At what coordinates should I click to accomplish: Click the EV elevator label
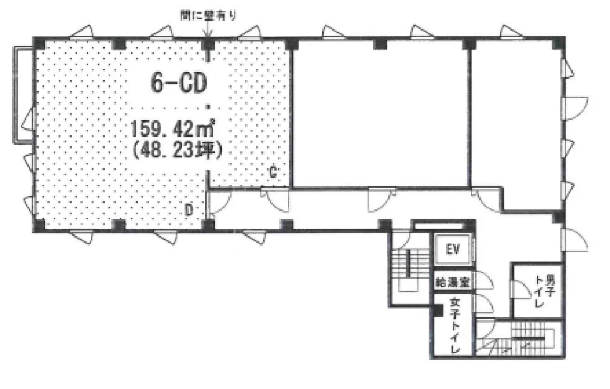pyautogui.click(x=453, y=249)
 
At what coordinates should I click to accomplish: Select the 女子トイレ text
pyautogui.click(x=454, y=325)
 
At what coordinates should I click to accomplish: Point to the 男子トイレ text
pyautogui.click(x=545, y=291)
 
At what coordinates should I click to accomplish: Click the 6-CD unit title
pyautogui.click(x=179, y=83)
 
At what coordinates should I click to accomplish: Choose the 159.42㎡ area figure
pyautogui.click(x=173, y=127)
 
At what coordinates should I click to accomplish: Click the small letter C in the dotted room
pyautogui.click(x=273, y=172)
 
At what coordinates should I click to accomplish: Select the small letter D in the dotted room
pyautogui.click(x=189, y=211)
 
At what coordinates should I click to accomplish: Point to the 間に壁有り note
pyautogui.click(x=208, y=16)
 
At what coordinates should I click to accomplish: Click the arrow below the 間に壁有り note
pyautogui.click(x=208, y=31)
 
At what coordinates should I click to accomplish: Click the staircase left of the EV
pyautogui.click(x=408, y=269)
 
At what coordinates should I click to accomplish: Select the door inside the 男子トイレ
pyautogui.click(x=520, y=290)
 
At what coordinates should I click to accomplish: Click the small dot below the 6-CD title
pyautogui.click(x=208, y=106)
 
